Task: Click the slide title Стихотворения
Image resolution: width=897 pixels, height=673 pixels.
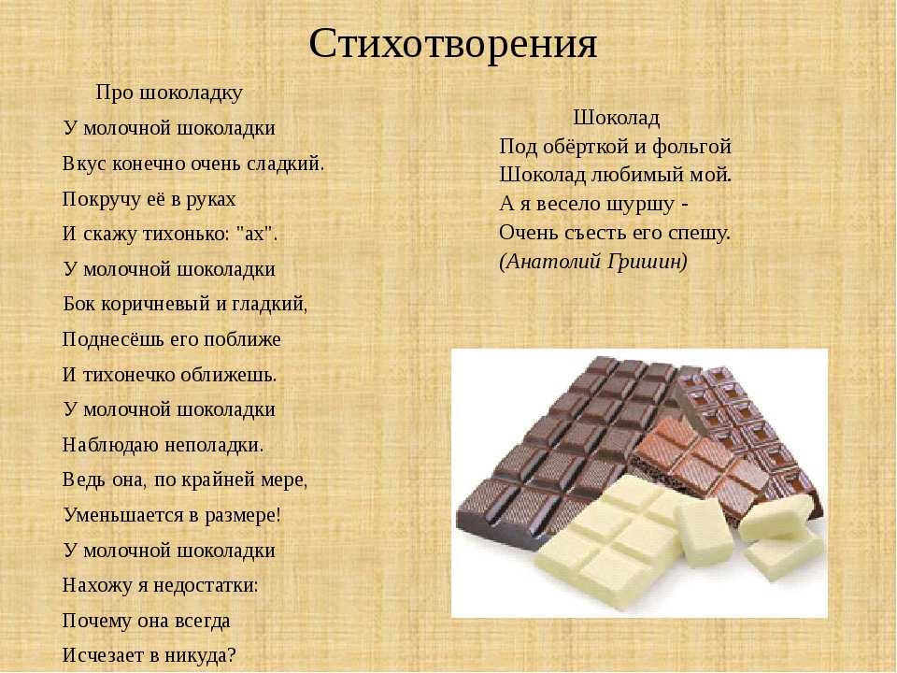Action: point(453,44)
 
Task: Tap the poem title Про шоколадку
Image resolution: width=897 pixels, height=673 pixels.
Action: point(169,93)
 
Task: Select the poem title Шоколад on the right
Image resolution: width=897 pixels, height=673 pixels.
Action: point(617,118)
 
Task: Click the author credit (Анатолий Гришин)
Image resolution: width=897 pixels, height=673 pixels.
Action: point(593,262)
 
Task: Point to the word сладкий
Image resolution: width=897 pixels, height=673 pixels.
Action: point(286,164)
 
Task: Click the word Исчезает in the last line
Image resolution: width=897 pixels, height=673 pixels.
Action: point(105,654)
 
